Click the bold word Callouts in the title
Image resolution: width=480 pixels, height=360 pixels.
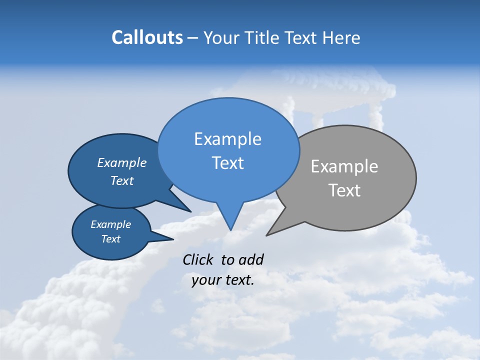[x=147, y=37]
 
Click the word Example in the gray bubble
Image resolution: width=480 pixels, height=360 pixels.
[x=344, y=166]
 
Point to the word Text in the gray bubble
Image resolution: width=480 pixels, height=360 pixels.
[x=344, y=190]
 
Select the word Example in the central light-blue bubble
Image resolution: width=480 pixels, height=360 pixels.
[x=227, y=139]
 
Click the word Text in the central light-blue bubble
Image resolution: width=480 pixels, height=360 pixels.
[x=228, y=163]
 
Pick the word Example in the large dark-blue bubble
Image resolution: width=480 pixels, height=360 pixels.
[x=122, y=162]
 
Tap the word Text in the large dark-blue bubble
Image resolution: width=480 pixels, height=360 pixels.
[x=122, y=180]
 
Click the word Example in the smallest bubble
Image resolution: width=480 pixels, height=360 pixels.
[x=110, y=224]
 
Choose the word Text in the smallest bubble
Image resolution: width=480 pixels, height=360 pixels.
[x=110, y=239]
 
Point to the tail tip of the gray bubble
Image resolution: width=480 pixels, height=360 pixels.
[x=268, y=234]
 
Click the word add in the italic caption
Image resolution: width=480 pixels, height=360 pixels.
[x=251, y=259]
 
